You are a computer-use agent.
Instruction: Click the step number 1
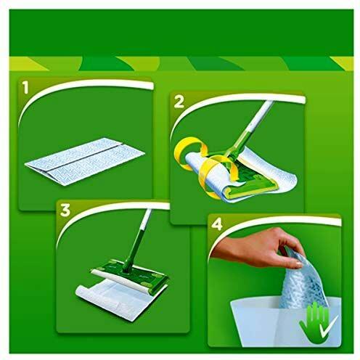click(25, 88)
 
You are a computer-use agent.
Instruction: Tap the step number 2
click(179, 102)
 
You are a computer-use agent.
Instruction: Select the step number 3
click(65, 210)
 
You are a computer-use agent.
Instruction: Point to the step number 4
click(217, 224)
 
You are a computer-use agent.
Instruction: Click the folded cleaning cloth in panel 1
click(85, 161)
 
